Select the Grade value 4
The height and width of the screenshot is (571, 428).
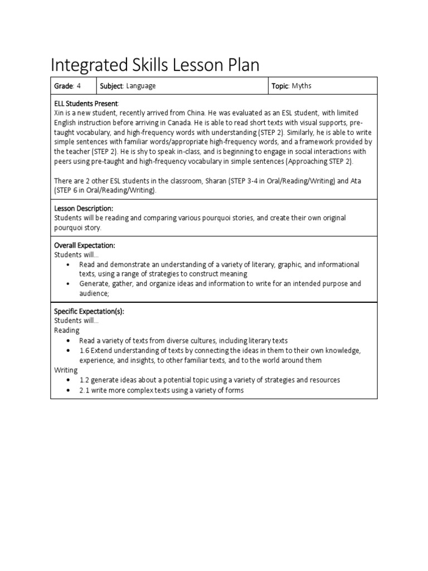tap(79, 86)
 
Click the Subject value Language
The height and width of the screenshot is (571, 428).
tap(141, 86)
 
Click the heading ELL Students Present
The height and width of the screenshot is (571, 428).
tap(86, 104)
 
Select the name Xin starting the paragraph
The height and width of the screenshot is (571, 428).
tap(60, 113)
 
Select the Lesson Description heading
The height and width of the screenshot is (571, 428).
tap(83, 208)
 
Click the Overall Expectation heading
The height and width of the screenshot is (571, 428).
tap(84, 245)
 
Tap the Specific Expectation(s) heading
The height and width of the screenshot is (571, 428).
tap(89, 311)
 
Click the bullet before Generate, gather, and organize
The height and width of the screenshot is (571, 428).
tap(68, 284)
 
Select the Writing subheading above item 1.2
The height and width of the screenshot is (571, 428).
tap(66, 370)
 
